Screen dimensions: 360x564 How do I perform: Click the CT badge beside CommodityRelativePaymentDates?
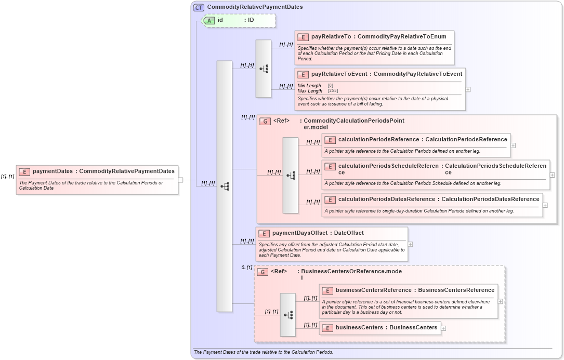point(199,7)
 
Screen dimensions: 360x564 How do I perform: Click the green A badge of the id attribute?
point(209,20)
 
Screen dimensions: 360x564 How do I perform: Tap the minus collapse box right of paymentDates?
point(180,180)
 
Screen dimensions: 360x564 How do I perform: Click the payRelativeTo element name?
point(331,37)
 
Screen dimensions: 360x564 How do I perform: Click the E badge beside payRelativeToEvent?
point(303,74)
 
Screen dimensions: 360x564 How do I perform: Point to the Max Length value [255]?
point(333,91)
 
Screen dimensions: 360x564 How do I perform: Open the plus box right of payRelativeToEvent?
point(468,89)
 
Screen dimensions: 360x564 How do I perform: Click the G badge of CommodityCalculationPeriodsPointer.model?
point(265,121)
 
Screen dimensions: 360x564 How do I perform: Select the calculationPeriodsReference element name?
point(378,140)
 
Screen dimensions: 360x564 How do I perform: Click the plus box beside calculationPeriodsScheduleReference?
point(552,175)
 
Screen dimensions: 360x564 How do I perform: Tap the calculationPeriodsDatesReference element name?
point(386,199)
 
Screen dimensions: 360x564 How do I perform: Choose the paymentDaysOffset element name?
point(300,233)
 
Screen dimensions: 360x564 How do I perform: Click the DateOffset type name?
point(349,233)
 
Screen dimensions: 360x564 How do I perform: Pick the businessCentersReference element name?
point(373,290)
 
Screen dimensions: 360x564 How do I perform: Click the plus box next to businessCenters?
point(443,328)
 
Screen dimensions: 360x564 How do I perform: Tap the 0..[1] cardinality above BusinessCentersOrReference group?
point(246,268)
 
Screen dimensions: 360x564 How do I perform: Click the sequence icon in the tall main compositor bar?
point(225,186)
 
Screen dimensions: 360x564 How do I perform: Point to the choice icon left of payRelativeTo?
point(264,69)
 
